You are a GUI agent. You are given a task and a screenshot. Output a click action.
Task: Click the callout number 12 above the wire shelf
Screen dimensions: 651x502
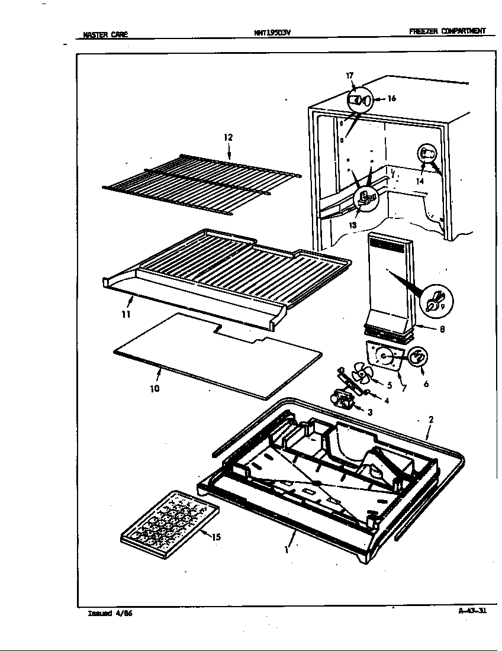pyautogui.click(x=228, y=137)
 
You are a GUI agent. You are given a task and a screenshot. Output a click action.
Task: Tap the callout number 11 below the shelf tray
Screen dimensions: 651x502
pyautogui.click(x=125, y=314)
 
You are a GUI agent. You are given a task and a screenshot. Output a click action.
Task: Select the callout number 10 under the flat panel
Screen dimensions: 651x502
pyautogui.click(x=155, y=389)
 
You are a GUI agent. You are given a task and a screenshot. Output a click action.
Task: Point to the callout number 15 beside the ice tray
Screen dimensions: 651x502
pyautogui.click(x=216, y=537)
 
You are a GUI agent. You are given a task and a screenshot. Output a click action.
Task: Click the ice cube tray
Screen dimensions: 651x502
pyautogui.click(x=169, y=519)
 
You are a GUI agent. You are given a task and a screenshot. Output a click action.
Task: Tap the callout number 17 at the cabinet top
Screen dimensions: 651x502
pyautogui.click(x=350, y=75)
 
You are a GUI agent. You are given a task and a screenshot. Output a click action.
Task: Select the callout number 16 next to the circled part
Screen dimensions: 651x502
pyautogui.click(x=391, y=99)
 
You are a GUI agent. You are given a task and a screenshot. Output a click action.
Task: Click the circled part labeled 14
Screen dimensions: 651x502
pyautogui.click(x=427, y=155)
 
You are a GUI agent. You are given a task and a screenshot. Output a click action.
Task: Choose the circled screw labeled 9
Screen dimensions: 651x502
pyautogui.click(x=435, y=302)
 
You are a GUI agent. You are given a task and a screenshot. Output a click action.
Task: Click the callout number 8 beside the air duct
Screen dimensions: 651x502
pyautogui.click(x=442, y=330)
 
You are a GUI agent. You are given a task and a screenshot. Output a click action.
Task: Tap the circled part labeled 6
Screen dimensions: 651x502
pyautogui.click(x=417, y=357)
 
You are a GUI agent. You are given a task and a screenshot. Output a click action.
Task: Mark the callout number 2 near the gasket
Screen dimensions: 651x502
pyautogui.click(x=431, y=419)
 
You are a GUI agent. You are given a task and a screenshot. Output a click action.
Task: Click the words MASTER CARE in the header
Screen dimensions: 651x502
pyautogui.click(x=105, y=34)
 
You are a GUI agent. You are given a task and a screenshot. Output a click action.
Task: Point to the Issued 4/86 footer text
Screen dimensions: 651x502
pyautogui.click(x=110, y=613)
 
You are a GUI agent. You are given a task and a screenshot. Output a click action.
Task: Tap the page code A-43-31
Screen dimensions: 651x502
pyautogui.click(x=472, y=611)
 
